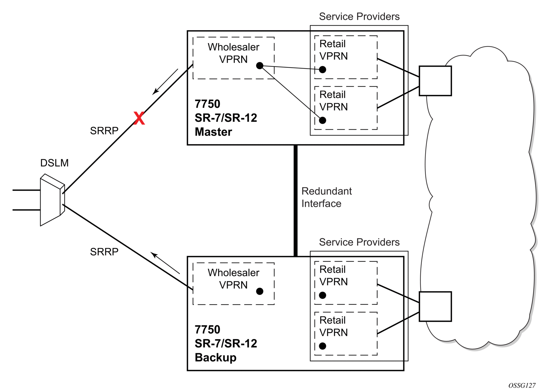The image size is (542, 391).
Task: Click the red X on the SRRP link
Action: (139, 118)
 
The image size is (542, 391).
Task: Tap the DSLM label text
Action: (54, 163)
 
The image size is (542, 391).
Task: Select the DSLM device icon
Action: (52, 200)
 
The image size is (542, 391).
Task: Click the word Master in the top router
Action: (213, 132)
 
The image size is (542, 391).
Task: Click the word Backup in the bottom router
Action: (216, 358)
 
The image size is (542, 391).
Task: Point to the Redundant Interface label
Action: (326, 197)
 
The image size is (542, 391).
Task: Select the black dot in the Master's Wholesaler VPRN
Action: (260, 66)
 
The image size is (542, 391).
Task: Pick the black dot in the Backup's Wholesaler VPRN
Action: (260, 291)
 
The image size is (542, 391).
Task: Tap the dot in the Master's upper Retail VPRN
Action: (322, 69)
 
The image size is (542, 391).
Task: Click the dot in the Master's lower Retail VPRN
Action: (322, 120)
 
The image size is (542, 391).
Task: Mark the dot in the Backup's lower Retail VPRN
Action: (322, 346)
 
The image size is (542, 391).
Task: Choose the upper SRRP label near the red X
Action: (104, 131)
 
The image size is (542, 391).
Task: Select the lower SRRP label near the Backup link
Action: (104, 252)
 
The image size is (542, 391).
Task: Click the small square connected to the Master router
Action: (435, 81)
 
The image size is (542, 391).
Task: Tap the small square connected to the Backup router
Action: (435, 307)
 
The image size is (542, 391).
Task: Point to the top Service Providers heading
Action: (359, 16)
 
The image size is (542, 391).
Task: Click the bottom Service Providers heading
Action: (359, 242)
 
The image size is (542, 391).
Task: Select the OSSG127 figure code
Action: (522, 385)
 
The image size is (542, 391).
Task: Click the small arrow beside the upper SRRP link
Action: (165, 82)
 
